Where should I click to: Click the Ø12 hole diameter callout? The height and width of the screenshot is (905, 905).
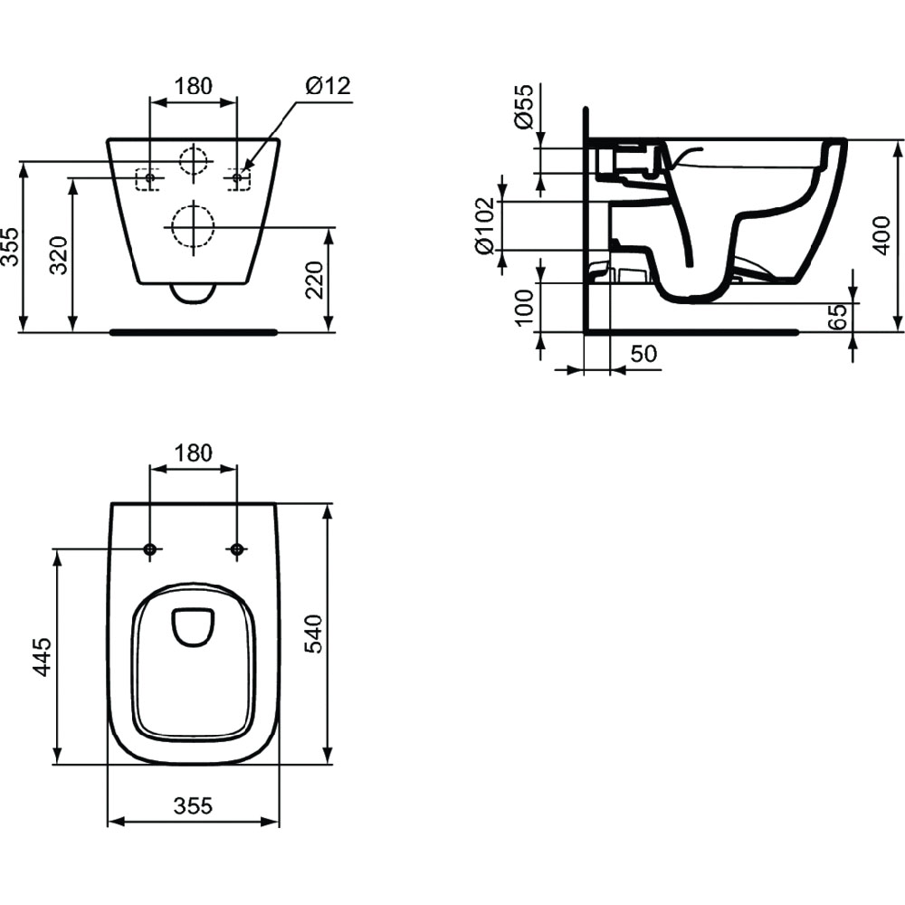(328, 86)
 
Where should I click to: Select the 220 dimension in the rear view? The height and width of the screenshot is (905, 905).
(315, 280)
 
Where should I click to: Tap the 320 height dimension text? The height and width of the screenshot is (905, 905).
(59, 255)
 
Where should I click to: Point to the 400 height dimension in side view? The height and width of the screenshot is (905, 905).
(881, 235)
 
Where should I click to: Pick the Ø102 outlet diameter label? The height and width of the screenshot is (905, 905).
(485, 225)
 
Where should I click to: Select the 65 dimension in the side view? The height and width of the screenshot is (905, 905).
(837, 317)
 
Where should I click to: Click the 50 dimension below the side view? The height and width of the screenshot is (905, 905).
(643, 354)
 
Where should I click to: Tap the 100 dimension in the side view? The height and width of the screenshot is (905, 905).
(525, 308)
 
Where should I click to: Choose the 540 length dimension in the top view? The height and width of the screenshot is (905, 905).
(313, 633)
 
